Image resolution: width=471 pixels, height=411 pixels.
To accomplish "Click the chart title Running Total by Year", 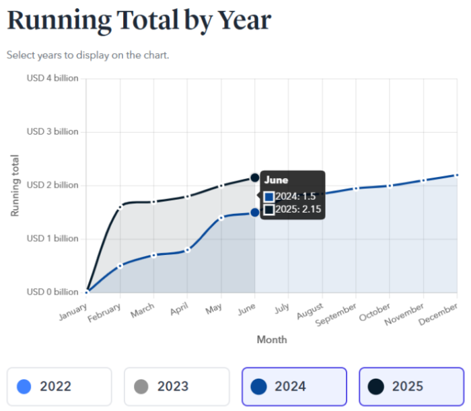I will tap(139, 21).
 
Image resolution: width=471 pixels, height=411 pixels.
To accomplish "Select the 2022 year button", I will tap(59, 386).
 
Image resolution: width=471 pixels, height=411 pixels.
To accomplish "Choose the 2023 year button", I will tap(176, 386).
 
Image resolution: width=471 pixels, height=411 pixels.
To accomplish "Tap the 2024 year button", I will tap(294, 386).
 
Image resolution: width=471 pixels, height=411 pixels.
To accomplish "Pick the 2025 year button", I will tap(411, 386).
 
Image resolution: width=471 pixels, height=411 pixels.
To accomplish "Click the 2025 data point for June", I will tap(255, 178).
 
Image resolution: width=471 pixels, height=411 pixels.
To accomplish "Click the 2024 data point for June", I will tap(255, 213).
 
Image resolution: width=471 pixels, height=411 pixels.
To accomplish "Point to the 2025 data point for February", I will tap(120, 207).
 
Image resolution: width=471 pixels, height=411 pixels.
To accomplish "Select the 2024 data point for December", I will tap(457, 175).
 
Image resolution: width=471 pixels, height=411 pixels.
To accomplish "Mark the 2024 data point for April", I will tap(188, 250).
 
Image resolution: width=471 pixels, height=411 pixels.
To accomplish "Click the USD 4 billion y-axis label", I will tap(52, 78).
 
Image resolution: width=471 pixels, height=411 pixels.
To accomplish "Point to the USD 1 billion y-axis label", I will tap(52, 239).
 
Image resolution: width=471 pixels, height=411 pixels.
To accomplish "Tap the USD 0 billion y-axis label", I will tap(52, 292).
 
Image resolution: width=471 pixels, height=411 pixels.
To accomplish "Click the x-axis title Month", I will tap(272, 340).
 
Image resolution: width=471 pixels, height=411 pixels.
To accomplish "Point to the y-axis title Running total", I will tap(15, 186).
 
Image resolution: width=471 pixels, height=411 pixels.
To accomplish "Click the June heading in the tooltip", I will tap(276, 180).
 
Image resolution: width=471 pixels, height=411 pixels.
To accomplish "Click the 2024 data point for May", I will tap(221, 217).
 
